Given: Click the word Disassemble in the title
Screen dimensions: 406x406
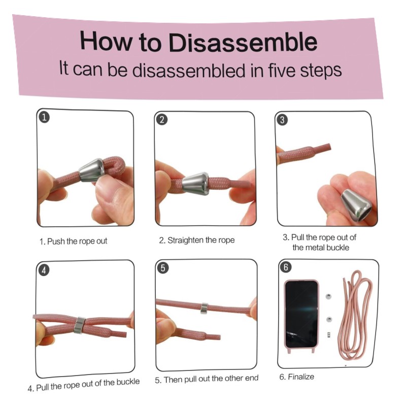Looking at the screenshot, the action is click(x=243, y=42).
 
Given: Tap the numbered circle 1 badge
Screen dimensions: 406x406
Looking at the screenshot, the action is click(x=44, y=117).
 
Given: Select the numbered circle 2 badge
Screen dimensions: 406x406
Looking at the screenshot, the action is click(x=162, y=120).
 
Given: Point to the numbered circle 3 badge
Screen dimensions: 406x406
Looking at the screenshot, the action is click(x=282, y=120).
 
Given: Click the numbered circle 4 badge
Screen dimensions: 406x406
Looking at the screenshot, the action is click(x=44, y=270).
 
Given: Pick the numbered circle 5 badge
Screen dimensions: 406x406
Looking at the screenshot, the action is click(x=163, y=268).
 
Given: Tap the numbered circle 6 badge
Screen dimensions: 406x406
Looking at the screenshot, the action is click(x=286, y=267).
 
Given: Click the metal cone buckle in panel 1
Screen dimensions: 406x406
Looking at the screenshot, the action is click(x=91, y=170).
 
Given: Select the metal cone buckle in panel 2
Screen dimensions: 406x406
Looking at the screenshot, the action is click(x=195, y=183).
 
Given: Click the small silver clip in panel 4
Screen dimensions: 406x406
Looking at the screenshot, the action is click(x=79, y=325).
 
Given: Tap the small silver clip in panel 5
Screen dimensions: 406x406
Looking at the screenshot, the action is click(x=205, y=308).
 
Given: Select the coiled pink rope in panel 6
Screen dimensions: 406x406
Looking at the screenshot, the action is click(x=355, y=315).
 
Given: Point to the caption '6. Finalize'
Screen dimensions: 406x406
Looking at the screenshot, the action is click(x=297, y=377).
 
